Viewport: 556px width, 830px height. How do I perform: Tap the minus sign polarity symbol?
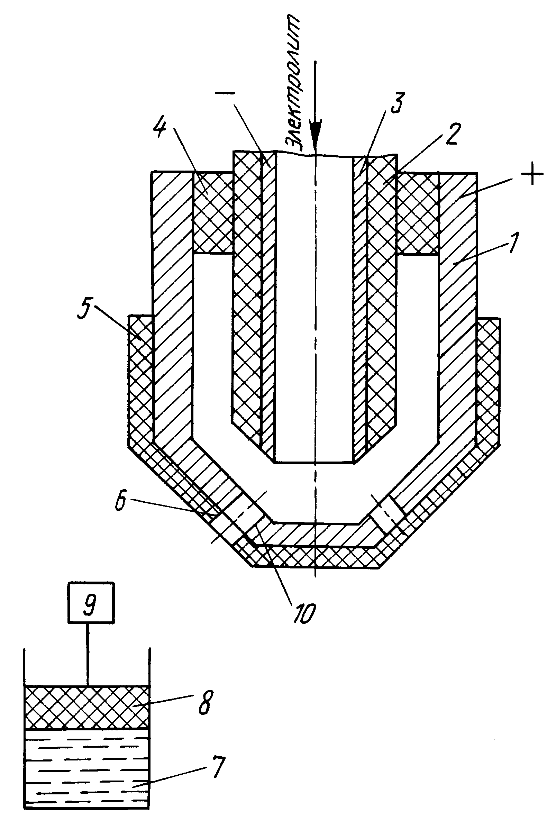pos(225,93)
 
